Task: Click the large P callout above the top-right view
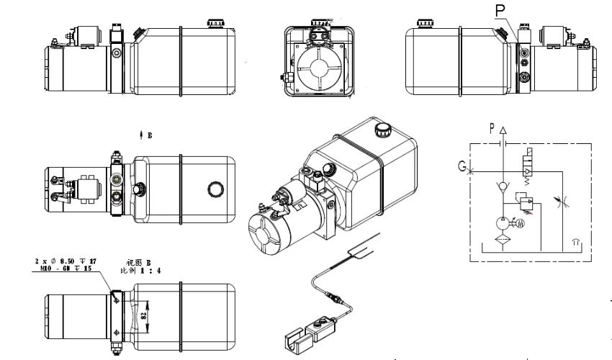(x=500, y=10)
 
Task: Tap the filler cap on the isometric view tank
(x=382, y=130)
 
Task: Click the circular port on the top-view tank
(x=215, y=189)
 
